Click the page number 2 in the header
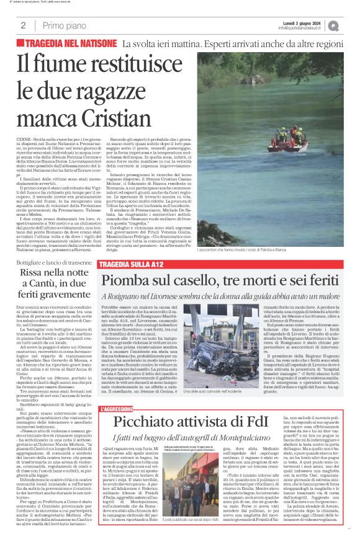(23, 25)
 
